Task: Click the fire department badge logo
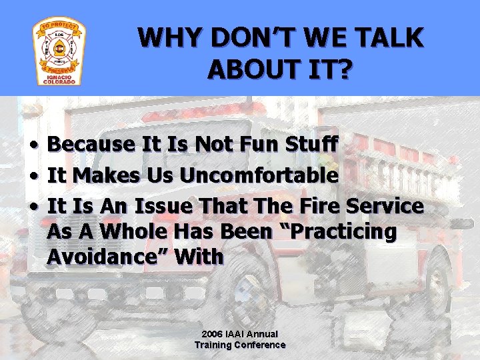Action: click(59, 53)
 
